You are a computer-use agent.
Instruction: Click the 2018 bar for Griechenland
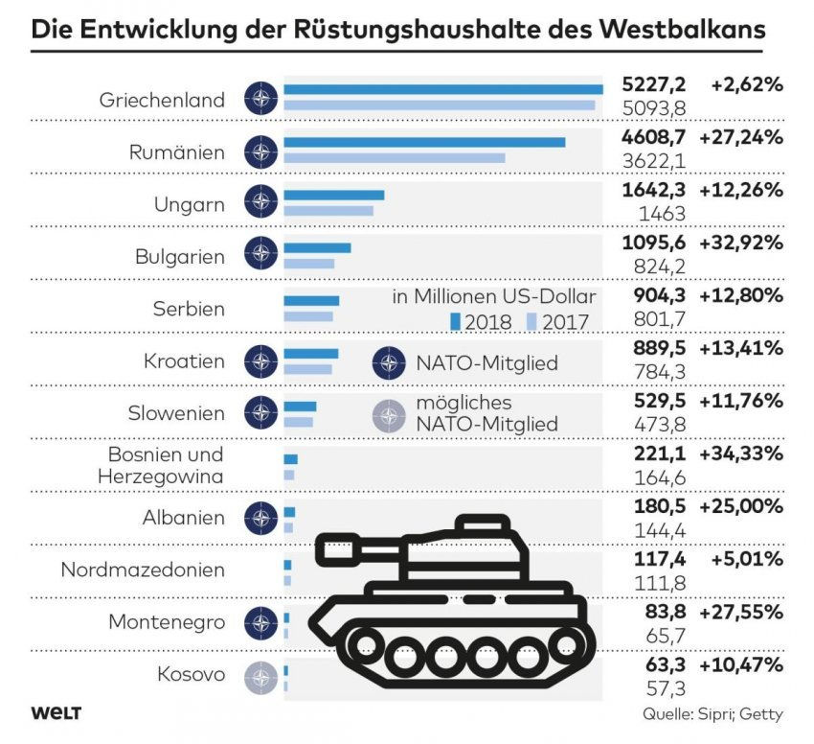pos(442,89)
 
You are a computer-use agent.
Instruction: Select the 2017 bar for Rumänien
pos(394,158)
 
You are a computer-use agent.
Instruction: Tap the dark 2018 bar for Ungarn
pos(333,195)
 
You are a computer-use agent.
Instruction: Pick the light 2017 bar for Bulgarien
pos(308,264)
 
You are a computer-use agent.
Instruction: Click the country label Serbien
pos(189,310)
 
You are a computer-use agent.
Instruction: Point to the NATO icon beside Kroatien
pos(260,361)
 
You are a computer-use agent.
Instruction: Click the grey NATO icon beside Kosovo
pos(260,676)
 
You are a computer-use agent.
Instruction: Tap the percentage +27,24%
pos(741,137)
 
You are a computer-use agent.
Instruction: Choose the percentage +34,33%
pos(741,453)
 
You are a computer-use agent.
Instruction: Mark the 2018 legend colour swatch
pos(457,321)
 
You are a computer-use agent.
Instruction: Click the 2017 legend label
pos(565,322)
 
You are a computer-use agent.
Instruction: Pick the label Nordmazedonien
pos(143,570)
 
